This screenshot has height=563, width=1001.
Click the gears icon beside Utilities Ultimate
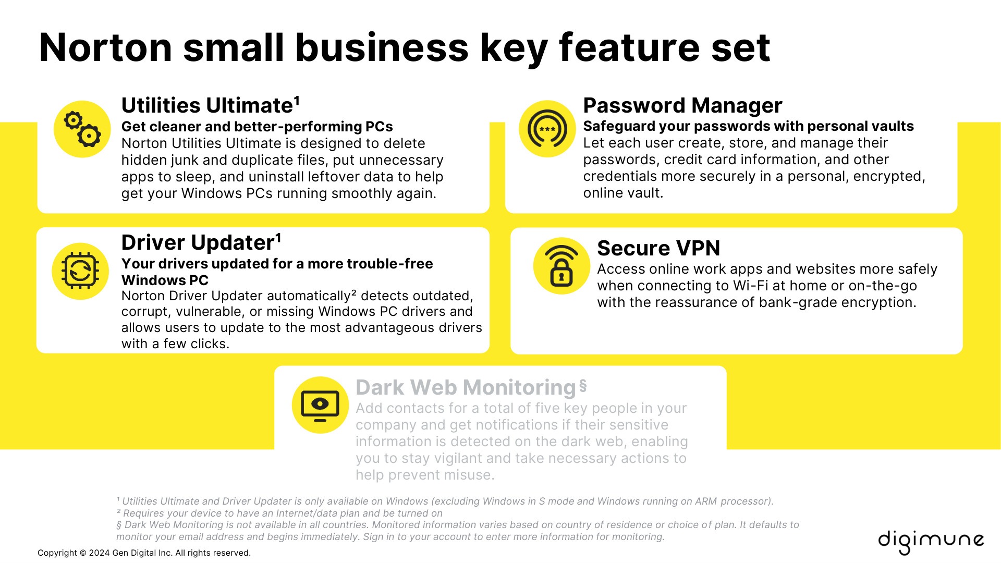coord(82,129)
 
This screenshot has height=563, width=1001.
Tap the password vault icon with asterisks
coord(547,129)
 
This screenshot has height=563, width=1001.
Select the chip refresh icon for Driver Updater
coord(80,271)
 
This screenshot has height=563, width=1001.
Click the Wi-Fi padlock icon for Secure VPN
coord(561,266)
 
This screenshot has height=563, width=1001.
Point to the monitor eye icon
coord(320,405)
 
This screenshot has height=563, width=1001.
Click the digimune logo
coord(931,542)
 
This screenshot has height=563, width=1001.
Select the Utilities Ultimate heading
coord(211,105)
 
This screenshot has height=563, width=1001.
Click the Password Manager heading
coord(682,105)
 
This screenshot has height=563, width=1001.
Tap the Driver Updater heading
coord(201,242)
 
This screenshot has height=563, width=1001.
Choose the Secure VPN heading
coord(658,248)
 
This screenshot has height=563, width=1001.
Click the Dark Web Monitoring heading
coord(466,387)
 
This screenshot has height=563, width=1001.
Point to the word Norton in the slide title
coord(106,48)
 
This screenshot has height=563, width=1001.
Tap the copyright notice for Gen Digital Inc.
coord(144,553)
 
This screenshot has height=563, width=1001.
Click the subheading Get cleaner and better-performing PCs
coord(257,127)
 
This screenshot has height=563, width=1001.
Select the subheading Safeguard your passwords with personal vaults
coord(748,126)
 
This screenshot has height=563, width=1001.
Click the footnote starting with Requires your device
coord(279,513)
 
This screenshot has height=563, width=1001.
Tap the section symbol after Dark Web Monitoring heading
coord(583,386)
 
